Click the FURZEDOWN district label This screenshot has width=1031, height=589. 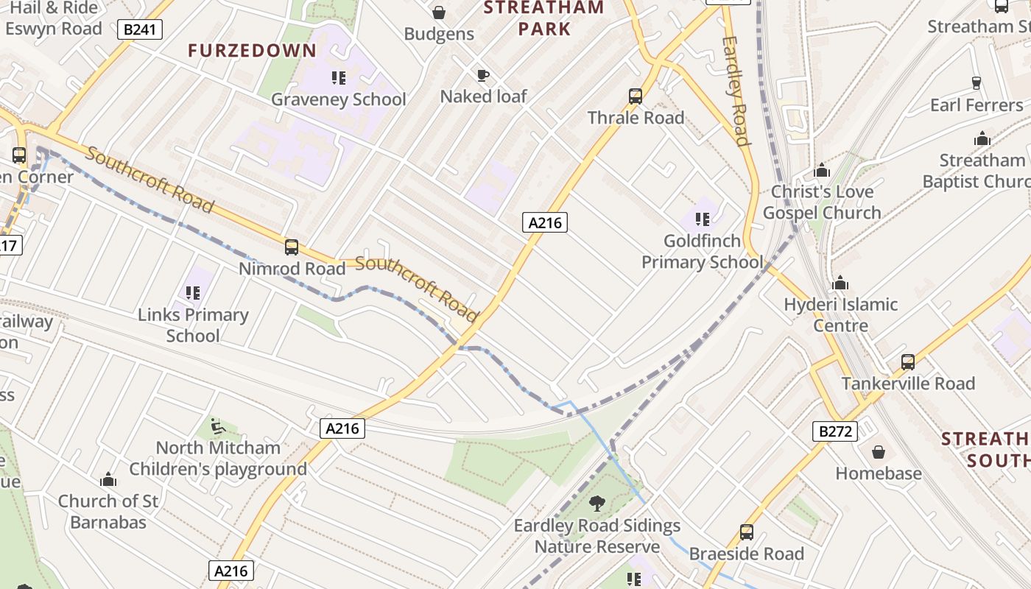[x=252, y=51]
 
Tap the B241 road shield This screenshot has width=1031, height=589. [x=139, y=30]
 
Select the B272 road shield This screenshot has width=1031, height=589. [x=835, y=431]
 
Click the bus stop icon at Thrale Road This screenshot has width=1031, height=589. [x=636, y=96]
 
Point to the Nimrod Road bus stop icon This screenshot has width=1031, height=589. [x=292, y=247]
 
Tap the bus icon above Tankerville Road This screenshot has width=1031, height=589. [x=908, y=362]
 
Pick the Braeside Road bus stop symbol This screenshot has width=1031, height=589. [x=747, y=532]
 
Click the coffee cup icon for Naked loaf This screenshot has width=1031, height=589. [x=482, y=75]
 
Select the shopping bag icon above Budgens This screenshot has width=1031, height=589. [x=439, y=13]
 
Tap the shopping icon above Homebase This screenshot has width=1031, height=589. [x=878, y=452]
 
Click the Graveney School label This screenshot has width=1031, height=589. [x=338, y=99]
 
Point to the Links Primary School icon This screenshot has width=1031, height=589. [x=193, y=293]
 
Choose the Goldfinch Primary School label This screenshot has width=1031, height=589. [x=702, y=251]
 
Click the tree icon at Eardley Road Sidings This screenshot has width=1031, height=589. [x=597, y=504]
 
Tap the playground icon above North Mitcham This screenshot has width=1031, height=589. [x=217, y=426]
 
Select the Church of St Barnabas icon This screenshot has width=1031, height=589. [x=108, y=480]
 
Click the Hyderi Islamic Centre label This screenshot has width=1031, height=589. [x=840, y=314]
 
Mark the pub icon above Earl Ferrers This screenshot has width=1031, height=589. [x=977, y=82]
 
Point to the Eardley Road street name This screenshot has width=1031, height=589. [x=736, y=91]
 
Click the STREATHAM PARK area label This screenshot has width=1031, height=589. [x=544, y=18]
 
